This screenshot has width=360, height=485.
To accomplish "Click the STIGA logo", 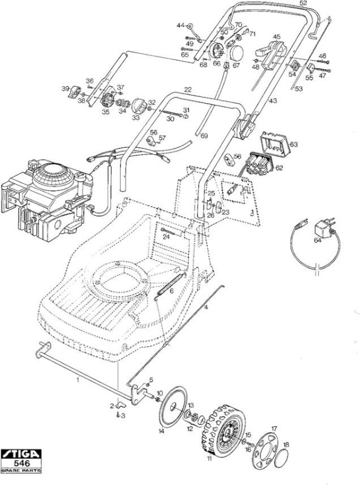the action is coord(21,454).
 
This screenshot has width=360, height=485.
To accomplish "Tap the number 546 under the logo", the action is coord(22,463).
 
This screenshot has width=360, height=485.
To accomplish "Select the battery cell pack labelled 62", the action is coord(259,163).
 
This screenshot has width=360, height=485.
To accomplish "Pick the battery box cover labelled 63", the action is coord(275,144).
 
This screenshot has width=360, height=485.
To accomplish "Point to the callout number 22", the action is coord(188,90).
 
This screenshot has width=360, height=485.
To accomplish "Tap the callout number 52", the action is coord(304,3).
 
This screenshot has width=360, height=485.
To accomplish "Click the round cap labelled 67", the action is coord(236,53).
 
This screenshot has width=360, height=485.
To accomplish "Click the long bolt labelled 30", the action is coord(171,113).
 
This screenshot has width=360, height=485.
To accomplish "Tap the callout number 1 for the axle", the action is coord(78,380).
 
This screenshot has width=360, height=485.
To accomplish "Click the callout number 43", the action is coord(273,101).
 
